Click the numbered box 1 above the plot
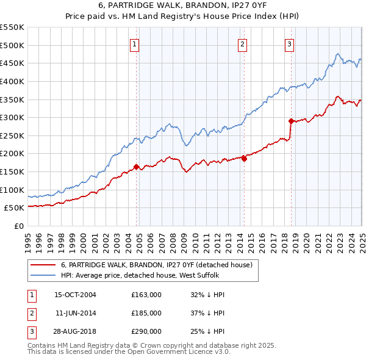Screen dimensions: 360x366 point(134,43)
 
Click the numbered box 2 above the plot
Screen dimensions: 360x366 point(242,43)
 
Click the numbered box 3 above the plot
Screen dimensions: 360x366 point(289,43)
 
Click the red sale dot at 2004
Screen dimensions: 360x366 point(136,166)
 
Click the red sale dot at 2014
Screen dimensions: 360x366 point(244,159)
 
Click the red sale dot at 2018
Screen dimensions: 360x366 point(291,120)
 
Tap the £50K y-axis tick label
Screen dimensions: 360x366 point(15,208)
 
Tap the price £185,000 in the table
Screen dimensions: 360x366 point(146,313)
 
